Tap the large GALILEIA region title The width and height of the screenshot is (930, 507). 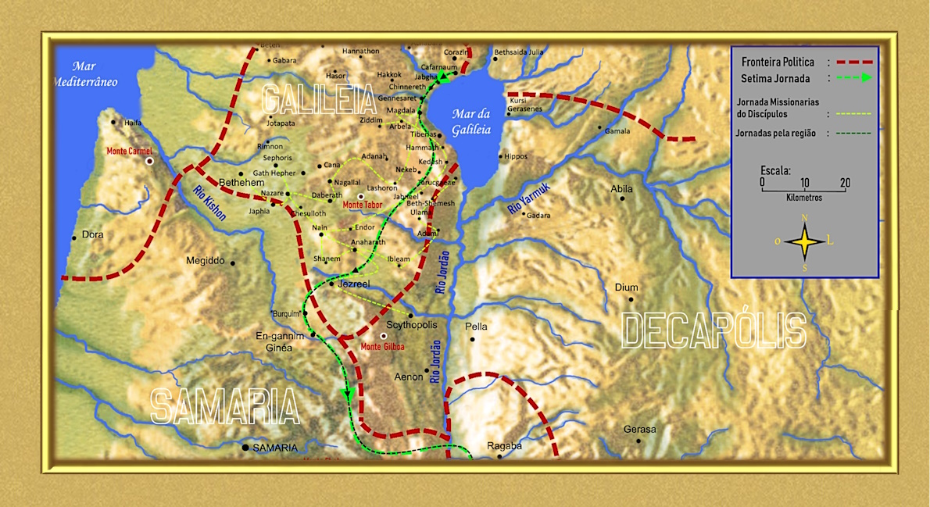click(x=319, y=100)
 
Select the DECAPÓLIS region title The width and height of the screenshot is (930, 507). click(x=713, y=330)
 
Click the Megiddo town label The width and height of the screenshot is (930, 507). click(x=206, y=261)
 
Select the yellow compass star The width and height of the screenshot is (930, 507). click(x=805, y=241)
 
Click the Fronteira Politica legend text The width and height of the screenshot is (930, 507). click(x=778, y=62)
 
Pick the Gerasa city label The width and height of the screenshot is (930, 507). click(x=639, y=430)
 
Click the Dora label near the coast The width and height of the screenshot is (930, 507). click(x=92, y=234)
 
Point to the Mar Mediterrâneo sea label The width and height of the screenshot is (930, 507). click(x=85, y=74)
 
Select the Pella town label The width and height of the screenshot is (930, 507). click(x=476, y=327)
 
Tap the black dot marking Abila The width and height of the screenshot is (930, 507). click(x=623, y=198)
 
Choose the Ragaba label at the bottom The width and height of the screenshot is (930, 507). click(x=504, y=446)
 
